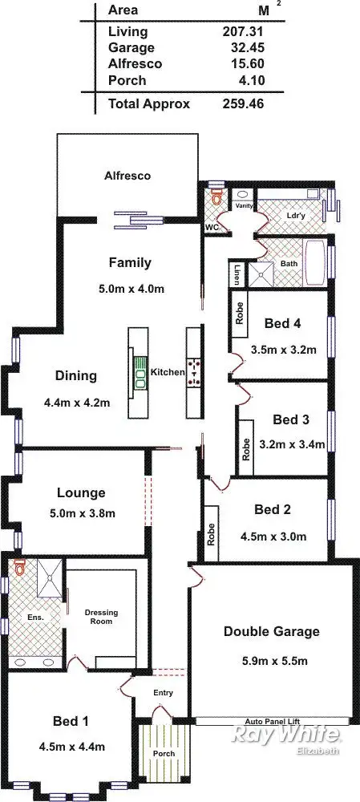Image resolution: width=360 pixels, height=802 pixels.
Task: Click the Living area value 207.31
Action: point(243,32)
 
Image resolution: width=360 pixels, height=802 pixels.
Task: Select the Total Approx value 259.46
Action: point(243,103)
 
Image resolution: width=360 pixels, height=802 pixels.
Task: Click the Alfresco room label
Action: point(127,175)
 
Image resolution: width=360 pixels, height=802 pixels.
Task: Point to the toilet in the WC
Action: point(213,196)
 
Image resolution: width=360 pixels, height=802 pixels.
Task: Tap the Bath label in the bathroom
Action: point(289,264)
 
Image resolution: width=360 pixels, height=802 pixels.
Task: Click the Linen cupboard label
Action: point(237,275)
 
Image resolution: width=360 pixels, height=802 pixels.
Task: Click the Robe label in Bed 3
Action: point(245,448)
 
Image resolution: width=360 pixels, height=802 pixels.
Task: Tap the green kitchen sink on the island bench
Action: point(140,372)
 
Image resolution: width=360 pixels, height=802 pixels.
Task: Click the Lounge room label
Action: point(81,493)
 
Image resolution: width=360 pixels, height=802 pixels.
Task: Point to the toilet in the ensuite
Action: point(19,569)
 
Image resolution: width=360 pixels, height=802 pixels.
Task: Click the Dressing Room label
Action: point(101,617)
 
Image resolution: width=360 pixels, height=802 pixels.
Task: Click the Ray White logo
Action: point(286,735)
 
